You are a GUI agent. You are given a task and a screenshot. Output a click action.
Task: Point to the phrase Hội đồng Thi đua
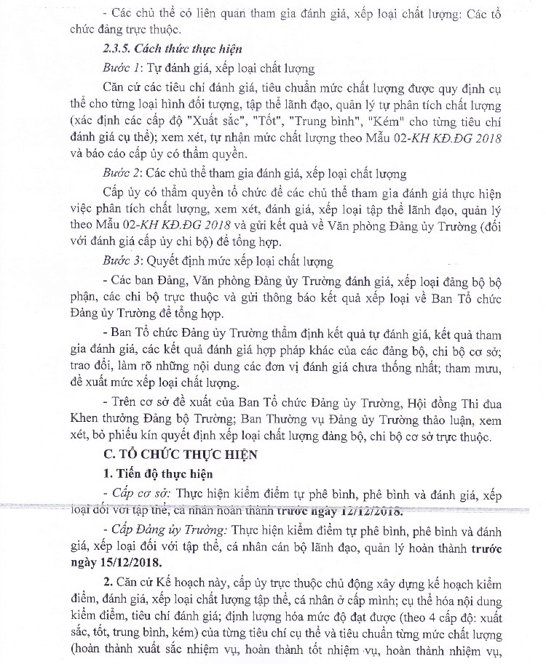click(442, 401)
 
